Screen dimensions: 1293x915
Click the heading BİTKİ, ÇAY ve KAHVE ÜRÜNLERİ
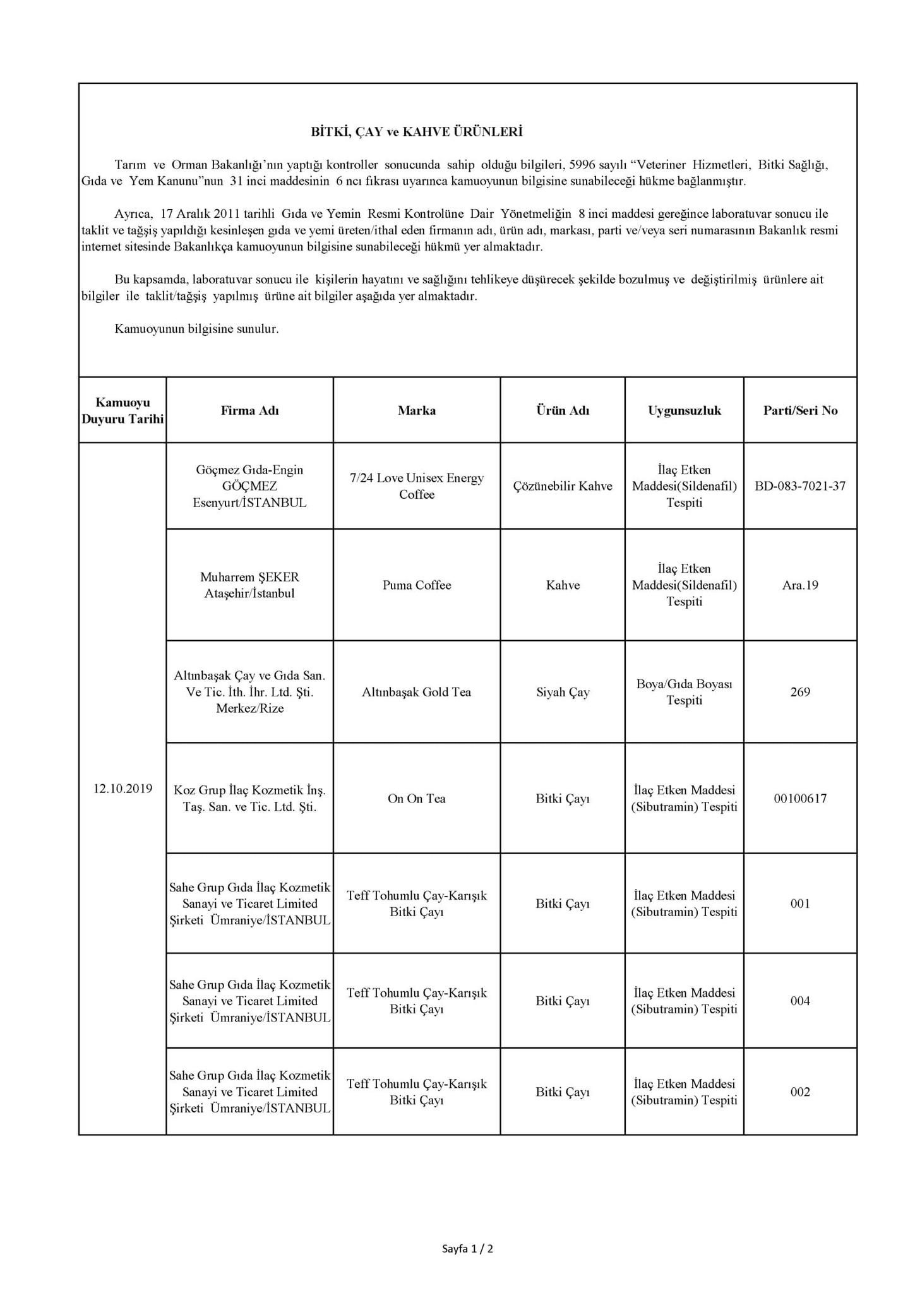tap(416, 132)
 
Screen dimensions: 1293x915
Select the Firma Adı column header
tap(249, 410)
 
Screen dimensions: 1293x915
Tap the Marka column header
tap(416, 410)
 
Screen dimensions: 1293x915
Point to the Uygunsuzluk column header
tap(684, 410)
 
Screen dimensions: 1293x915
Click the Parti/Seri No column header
tap(800, 410)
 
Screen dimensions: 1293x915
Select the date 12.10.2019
tap(123, 789)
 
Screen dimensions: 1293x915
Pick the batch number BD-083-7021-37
tap(800, 486)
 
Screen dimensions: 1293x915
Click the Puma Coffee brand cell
tap(416, 585)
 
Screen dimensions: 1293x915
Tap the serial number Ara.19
tap(800, 585)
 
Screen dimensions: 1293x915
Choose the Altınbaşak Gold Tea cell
tap(416, 692)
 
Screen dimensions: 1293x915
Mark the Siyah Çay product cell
tap(563, 692)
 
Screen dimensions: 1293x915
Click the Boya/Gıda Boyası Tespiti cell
tap(684, 692)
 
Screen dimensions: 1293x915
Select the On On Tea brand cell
tap(416, 799)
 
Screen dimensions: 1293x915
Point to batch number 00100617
tap(800, 799)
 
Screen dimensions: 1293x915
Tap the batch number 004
tap(800, 1001)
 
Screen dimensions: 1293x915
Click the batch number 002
tap(800, 1092)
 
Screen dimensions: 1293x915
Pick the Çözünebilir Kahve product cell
tap(563, 486)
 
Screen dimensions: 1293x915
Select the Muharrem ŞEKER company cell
tap(249, 585)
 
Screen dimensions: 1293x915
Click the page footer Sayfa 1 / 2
tap(467, 1249)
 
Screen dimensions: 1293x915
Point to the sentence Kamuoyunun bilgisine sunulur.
tap(196, 329)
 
